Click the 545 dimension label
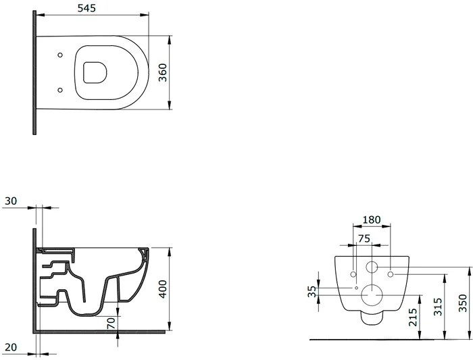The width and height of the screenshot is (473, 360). [x=86, y=8]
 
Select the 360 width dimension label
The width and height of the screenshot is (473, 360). [x=163, y=72]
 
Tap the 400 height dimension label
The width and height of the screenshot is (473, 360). [x=163, y=289]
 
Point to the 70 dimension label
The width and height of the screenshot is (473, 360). [x=111, y=324]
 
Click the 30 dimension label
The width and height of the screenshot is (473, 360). [x=11, y=201]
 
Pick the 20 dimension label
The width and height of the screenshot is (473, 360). [x=11, y=347]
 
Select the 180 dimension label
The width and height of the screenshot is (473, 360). [x=372, y=220]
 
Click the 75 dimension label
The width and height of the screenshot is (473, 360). [x=364, y=238]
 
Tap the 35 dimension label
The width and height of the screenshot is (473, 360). [x=312, y=291]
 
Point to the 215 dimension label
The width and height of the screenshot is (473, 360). [x=412, y=317]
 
